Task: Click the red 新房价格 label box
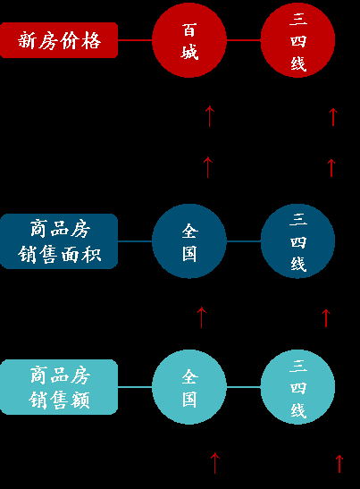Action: (x=59, y=40)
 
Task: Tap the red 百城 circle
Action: (x=189, y=40)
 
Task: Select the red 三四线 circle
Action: (x=298, y=40)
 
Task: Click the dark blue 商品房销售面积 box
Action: (x=59, y=241)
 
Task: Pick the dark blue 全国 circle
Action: (x=189, y=241)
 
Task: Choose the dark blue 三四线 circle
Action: (x=298, y=241)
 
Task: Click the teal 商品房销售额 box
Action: (x=59, y=387)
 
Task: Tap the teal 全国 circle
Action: (x=189, y=387)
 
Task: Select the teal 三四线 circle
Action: (x=298, y=387)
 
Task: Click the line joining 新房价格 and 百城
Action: (x=135, y=40)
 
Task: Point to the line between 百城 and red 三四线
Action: (x=244, y=40)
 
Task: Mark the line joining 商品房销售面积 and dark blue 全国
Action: (x=135, y=241)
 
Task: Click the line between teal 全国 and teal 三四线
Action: (x=244, y=387)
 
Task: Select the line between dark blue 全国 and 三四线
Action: (x=244, y=241)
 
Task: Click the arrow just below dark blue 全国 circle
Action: (x=202, y=316)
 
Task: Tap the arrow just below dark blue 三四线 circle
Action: (x=326, y=317)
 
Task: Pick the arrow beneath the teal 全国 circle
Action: (x=214, y=462)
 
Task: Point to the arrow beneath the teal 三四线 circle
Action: (x=339, y=462)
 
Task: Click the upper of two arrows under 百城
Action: (x=210, y=115)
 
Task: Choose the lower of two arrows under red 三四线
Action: (x=331, y=167)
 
